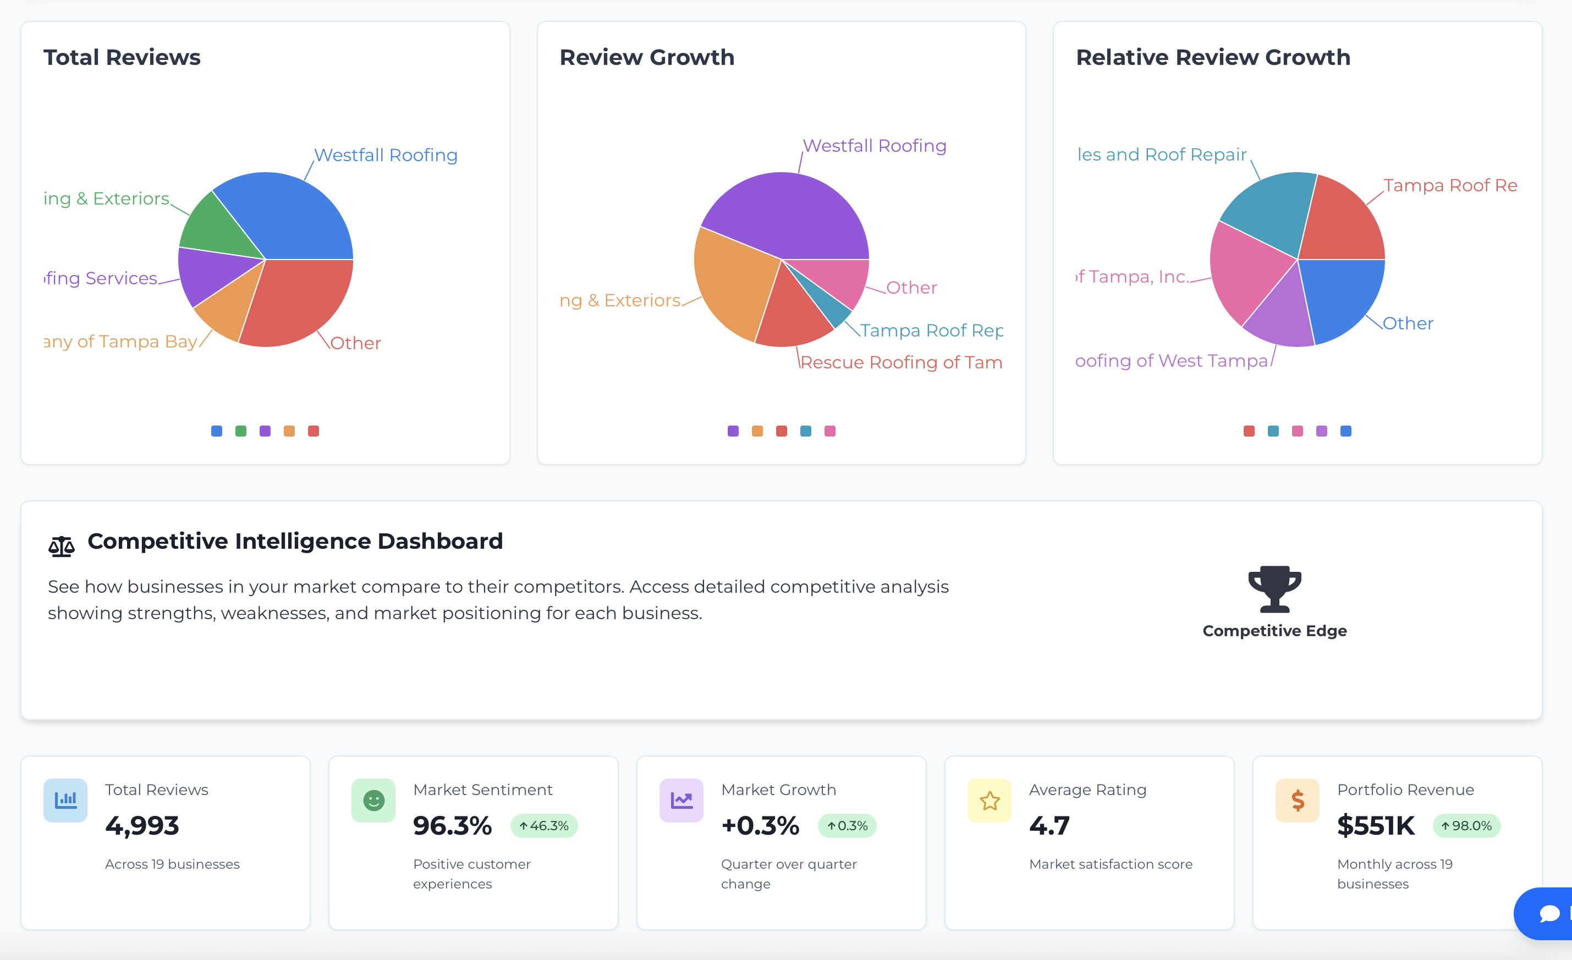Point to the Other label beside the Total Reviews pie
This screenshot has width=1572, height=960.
click(x=355, y=343)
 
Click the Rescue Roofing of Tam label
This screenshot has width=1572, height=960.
click(x=901, y=362)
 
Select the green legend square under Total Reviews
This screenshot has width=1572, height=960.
click(x=240, y=431)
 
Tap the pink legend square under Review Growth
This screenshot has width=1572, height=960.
click(x=829, y=431)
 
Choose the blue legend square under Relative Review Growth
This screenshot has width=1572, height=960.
click(x=1345, y=431)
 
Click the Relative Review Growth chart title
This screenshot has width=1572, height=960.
click(x=1213, y=57)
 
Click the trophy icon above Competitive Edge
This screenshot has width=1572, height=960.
click(x=1274, y=588)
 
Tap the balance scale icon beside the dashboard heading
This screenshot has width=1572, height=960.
click(x=61, y=546)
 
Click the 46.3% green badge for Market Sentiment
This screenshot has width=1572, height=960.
click(x=543, y=825)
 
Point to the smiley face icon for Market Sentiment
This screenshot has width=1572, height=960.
click(x=373, y=800)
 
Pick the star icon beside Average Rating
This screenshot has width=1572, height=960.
click(x=990, y=800)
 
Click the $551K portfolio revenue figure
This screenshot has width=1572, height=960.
click(x=1376, y=825)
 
